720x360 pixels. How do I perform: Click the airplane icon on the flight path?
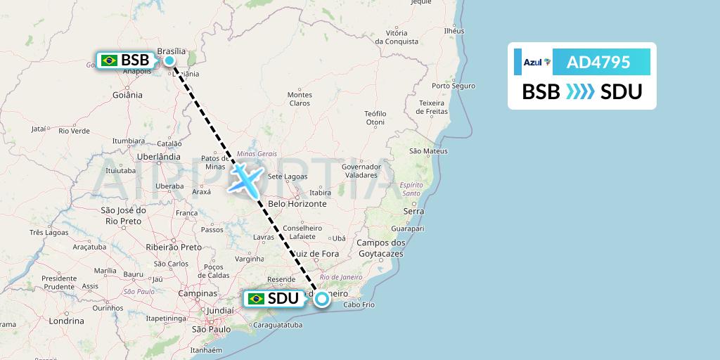tap(245, 178)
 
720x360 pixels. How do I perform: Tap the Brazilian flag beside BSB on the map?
tap(109, 60)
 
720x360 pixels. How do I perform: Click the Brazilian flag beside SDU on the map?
tap(256, 299)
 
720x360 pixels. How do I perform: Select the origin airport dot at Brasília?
tap(169, 60)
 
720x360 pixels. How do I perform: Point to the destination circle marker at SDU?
tap(321, 299)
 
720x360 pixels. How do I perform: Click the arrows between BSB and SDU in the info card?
tap(581, 92)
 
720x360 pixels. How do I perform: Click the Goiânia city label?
tap(127, 95)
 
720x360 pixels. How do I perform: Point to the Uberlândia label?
tap(158, 157)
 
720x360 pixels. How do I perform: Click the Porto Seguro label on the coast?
tap(454, 86)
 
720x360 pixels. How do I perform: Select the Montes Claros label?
tap(300, 98)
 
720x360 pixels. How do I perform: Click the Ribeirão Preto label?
tap(172, 247)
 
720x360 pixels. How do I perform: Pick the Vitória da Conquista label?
tap(397, 37)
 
